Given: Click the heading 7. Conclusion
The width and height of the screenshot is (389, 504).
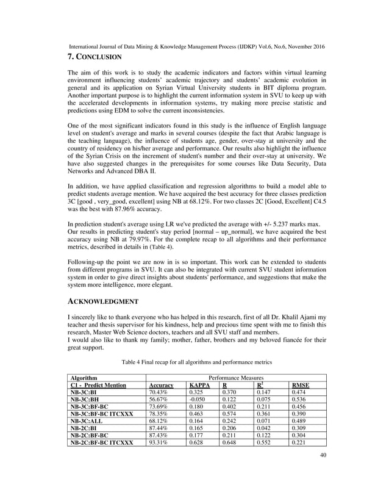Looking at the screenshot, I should (95, 57).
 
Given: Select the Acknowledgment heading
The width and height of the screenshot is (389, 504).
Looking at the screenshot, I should (102, 301).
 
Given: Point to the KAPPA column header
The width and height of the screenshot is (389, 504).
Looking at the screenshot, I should (199, 386).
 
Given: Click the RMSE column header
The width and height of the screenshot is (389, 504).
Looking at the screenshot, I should (300, 386).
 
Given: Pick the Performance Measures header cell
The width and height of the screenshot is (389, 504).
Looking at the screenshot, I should (235, 378).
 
